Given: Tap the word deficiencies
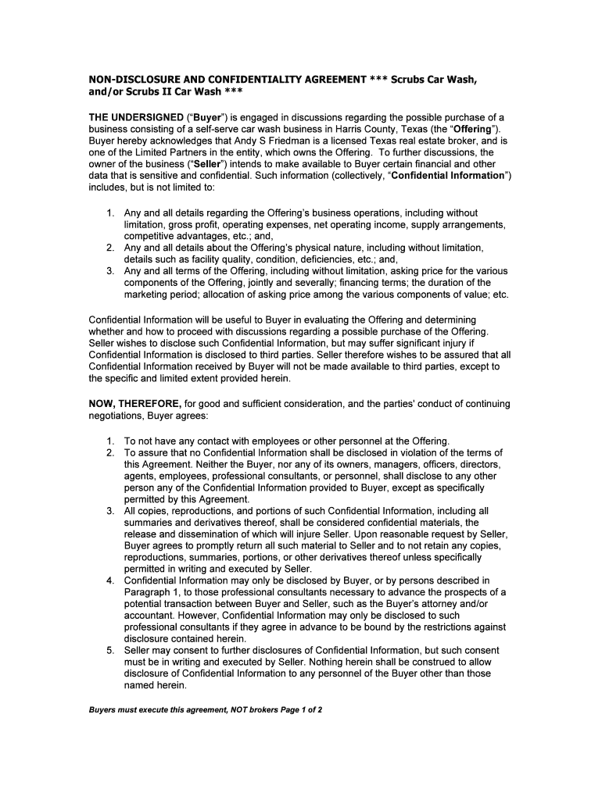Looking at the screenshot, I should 303,259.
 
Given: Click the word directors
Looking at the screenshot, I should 476,464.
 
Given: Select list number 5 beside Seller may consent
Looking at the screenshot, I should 111,650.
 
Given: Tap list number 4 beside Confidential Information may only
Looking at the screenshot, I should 111,580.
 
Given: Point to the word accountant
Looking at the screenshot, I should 149,616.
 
